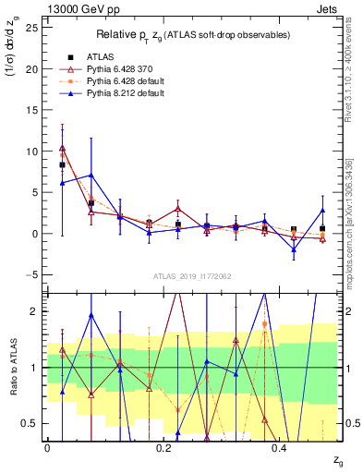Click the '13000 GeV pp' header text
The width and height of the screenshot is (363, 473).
tap(79, 9)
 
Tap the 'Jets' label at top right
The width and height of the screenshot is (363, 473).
tap(323, 9)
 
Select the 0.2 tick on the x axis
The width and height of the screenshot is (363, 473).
tap(163, 446)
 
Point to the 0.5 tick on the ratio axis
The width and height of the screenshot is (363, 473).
tap(31, 423)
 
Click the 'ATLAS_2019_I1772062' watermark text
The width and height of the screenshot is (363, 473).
tap(192, 276)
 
